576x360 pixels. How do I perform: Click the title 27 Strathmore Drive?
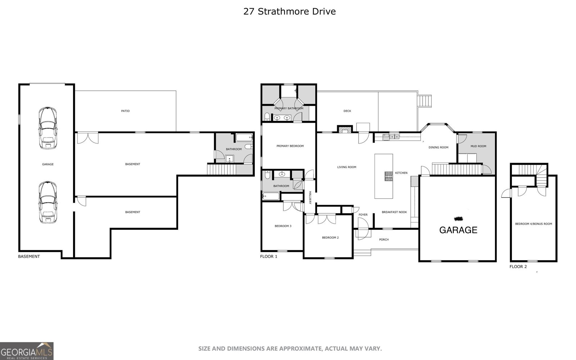click(x=289, y=12)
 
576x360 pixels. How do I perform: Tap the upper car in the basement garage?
click(x=48, y=128)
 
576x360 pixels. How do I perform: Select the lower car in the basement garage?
click(x=48, y=203)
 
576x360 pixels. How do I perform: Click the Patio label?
click(x=125, y=111)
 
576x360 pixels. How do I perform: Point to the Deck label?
click(x=347, y=111)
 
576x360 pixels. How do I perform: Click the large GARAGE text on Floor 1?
click(x=458, y=230)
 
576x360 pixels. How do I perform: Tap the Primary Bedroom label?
click(x=290, y=146)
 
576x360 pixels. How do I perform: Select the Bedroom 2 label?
click(x=330, y=238)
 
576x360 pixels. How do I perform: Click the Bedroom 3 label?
click(x=283, y=226)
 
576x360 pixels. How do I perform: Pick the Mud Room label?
click(x=478, y=146)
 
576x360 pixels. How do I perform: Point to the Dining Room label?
click(x=438, y=147)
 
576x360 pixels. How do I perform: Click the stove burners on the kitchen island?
click(x=389, y=176)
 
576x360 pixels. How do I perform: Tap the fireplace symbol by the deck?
click(x=344, y=129)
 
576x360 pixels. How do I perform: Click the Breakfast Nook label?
click(x=394, y=212)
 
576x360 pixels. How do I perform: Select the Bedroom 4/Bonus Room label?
click(x=533, y=224)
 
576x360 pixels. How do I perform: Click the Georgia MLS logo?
click(x=27, y=351)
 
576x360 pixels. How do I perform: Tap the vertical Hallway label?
click(x=309, y=198)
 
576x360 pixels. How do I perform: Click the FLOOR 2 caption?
click(x=518, y=267)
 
